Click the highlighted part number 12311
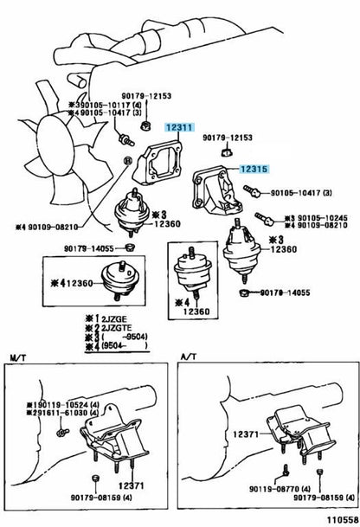coord(179,127)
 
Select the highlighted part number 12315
coord(254,169)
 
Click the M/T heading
coord(18,357)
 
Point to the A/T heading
coord(190,357)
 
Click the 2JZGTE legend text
coord(117,328)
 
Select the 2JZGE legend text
coord(114,319)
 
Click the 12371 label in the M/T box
coord(131,485)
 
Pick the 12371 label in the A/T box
coord(246,434)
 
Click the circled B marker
coord(127,161)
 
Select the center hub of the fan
coord(55,145)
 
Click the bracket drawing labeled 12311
coord(157,163)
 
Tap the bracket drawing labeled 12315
coord(216,191)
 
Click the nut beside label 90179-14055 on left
coord(130,248)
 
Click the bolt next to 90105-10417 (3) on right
coord(253,191)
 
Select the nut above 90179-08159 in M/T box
coord(95,478)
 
